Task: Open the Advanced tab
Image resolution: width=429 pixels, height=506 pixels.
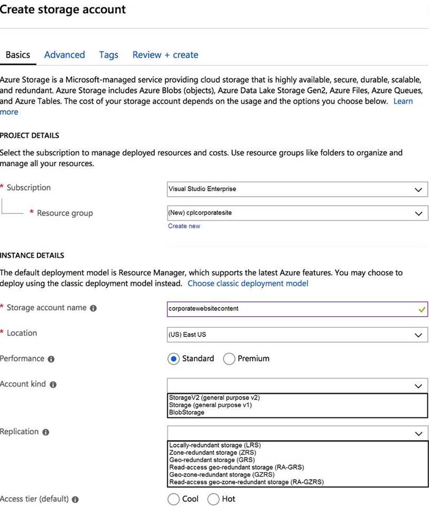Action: click(64, 54)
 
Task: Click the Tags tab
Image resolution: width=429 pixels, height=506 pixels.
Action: click(108, 54)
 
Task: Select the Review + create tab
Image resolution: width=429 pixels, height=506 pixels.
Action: click(165, 54)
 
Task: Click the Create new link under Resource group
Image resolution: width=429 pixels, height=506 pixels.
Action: click(184, 226)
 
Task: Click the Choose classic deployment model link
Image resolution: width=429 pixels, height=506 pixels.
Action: click(248, 283)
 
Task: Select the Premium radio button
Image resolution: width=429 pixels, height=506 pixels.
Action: click(229, 359)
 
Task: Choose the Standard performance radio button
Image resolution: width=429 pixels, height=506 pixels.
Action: click(173, 359)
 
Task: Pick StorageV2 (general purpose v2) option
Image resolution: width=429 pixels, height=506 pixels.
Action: click(215, 398)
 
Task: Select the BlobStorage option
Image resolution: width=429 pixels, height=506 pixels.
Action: click(186, 412)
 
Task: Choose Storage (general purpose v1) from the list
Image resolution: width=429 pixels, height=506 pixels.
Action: click(210, 405)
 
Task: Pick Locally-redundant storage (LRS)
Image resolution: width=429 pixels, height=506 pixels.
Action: click(215, 445)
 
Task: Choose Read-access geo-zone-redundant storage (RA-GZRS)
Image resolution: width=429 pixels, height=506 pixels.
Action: click(246, 482)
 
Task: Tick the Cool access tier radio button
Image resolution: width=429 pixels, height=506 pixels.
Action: click(173, 499)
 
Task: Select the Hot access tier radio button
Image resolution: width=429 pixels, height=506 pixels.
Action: click(213, 499)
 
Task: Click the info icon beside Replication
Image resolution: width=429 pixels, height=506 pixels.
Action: click(45, 433)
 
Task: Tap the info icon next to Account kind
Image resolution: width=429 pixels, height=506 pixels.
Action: click(53, 385)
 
